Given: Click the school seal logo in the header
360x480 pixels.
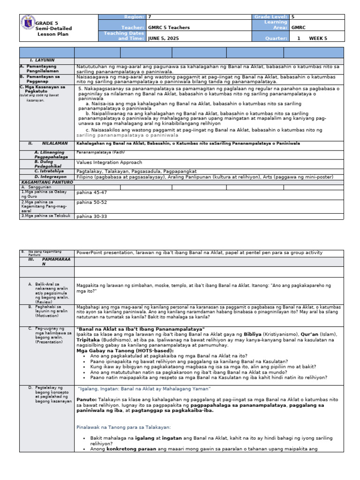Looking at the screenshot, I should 28,23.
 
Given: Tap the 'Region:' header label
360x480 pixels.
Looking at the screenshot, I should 134,17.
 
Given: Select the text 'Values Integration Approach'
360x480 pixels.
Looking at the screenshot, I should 109,163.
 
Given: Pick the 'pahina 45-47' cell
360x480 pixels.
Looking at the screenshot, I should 92,193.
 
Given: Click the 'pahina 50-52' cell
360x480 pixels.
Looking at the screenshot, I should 92,202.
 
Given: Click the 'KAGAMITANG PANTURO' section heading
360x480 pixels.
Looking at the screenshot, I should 44,182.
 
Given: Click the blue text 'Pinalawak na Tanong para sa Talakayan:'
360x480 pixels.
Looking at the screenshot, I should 123,427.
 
